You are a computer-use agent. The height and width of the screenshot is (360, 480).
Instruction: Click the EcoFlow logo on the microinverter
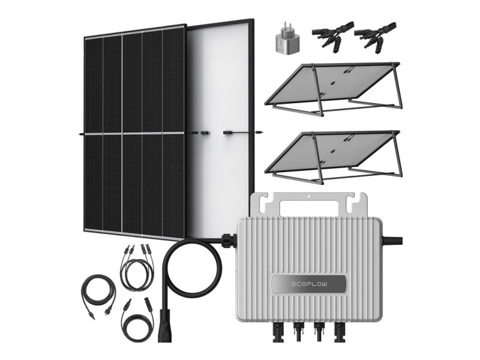[309, 284]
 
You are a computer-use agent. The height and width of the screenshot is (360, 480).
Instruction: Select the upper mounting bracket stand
[332, 89]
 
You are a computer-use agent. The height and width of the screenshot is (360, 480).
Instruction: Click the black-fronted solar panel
[134, 131]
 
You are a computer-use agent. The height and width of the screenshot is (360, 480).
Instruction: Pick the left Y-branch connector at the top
[332, 36]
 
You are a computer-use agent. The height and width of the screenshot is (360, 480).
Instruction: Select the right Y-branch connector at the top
[375, 36]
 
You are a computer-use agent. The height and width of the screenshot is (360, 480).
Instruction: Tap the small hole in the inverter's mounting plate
[309, 196]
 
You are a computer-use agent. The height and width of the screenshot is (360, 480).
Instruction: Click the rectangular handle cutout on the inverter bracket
[309, 209]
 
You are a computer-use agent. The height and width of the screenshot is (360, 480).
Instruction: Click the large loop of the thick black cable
[193, 269]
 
